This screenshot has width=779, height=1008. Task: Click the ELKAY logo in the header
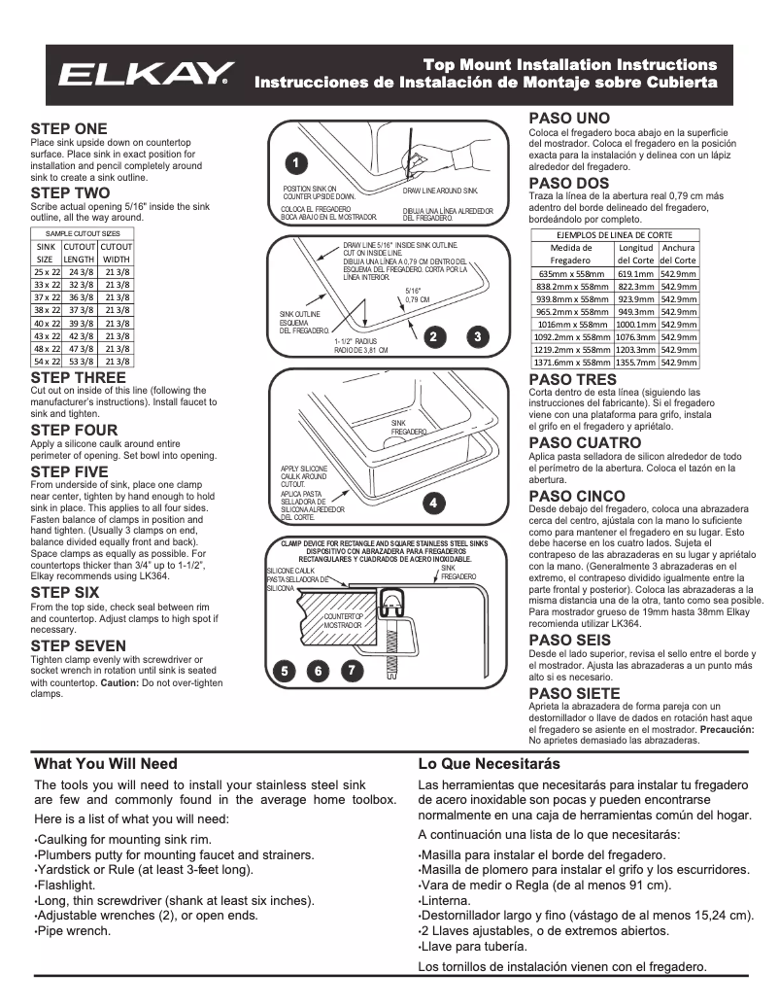(x=147, y=75)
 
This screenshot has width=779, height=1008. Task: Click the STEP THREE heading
(x=78, y=377)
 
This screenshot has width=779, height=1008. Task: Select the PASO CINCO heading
(x=577, y=496)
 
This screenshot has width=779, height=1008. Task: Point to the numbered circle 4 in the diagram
(x=434, y=503)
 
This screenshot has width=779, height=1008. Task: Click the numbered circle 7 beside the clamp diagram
(x=353, y=671)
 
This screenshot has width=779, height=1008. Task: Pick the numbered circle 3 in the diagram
(x=478, y=336)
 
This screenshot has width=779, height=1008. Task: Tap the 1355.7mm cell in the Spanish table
(x=635, y=362)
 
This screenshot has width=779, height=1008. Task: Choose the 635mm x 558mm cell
(x=570, y=274)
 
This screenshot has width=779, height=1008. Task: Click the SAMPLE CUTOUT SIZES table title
(x=83, y=234)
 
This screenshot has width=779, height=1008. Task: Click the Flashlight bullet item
(x=66, y=886)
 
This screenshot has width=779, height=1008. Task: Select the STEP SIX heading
(x=65, y=592)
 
